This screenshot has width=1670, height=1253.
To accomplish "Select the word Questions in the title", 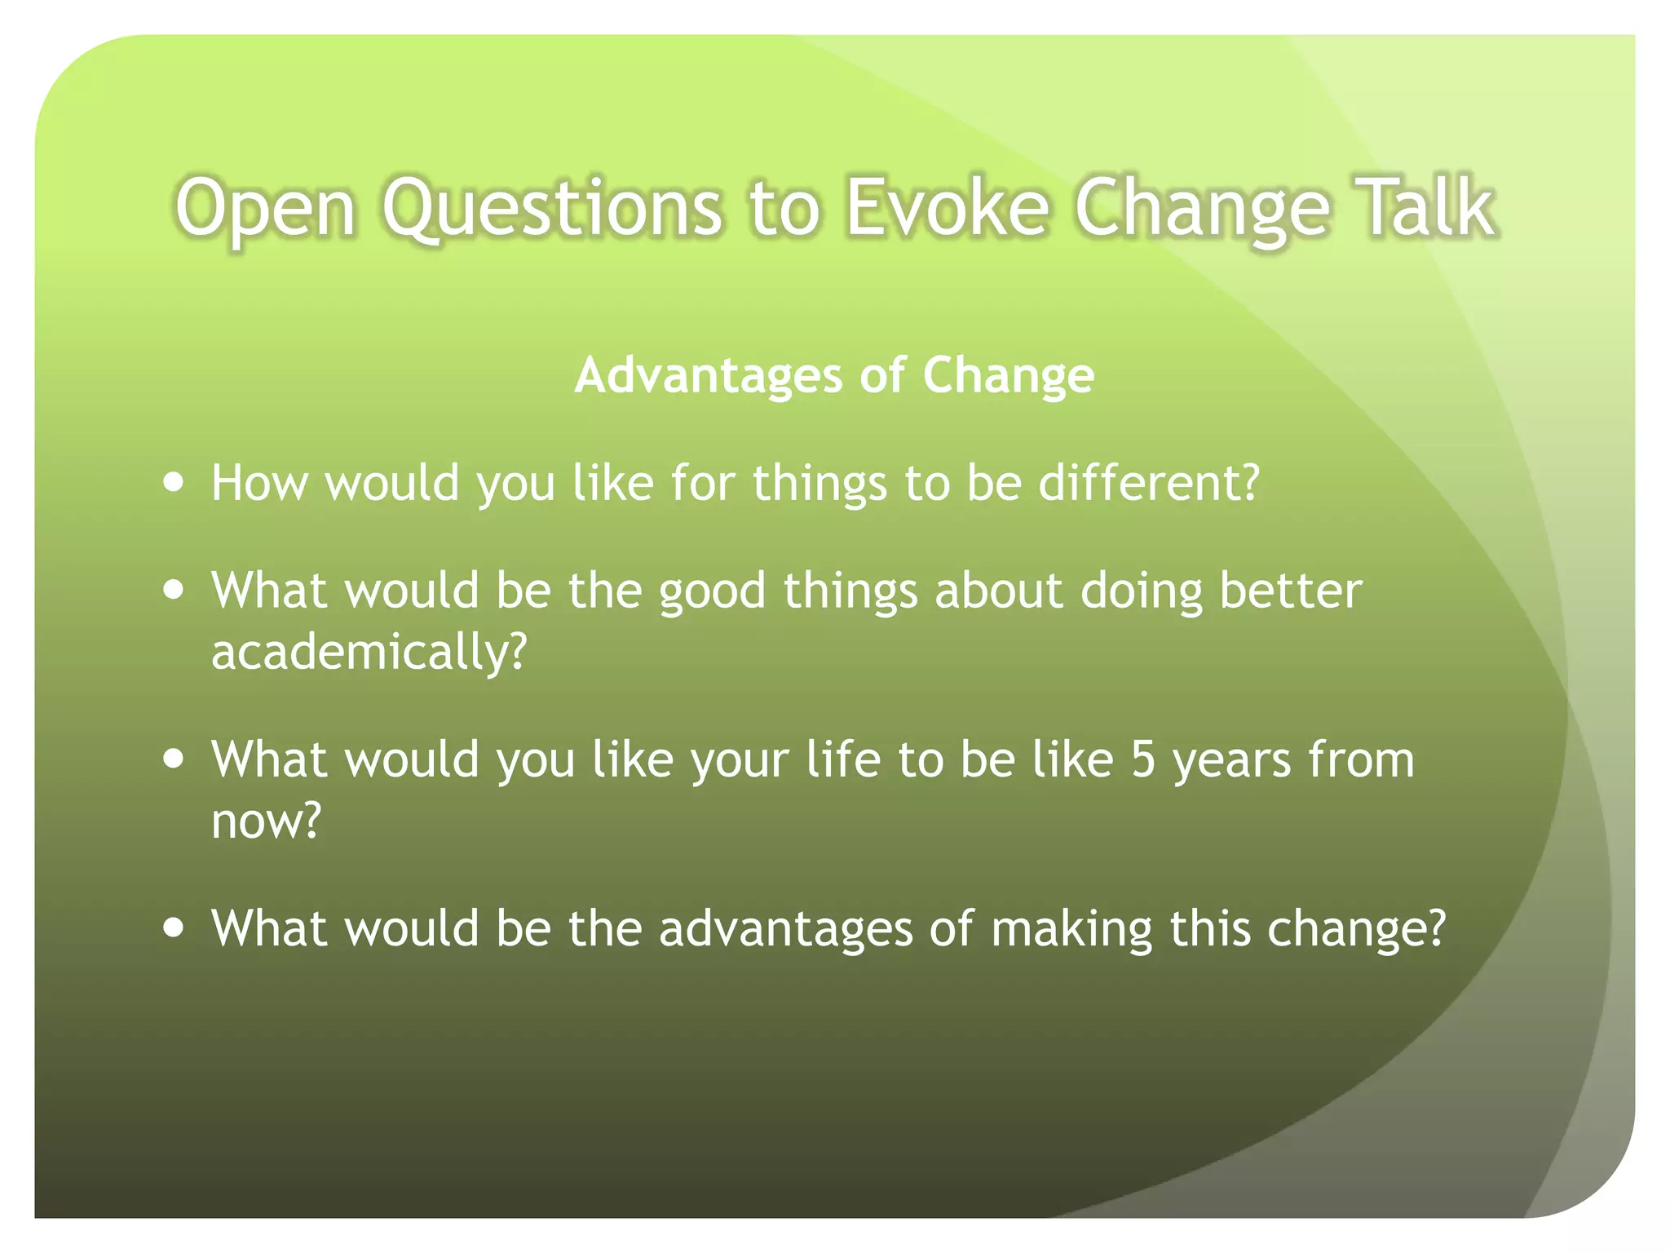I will coord(552,208).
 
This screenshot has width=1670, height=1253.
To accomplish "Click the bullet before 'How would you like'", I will coord(173,482).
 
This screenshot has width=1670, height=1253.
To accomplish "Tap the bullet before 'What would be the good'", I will coord(173,590).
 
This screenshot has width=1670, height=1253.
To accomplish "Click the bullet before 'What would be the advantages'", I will coord(173,928).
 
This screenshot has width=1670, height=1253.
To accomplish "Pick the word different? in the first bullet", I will coord(1149,482).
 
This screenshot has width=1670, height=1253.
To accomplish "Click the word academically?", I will coord(369,653).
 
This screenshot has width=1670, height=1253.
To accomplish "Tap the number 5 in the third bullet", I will coord(1142,759).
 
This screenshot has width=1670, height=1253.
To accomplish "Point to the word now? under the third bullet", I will coord(266,821).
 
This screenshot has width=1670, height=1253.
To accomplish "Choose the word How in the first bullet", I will coord(258,482).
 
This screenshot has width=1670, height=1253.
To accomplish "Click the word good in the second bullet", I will coord(712,591).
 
